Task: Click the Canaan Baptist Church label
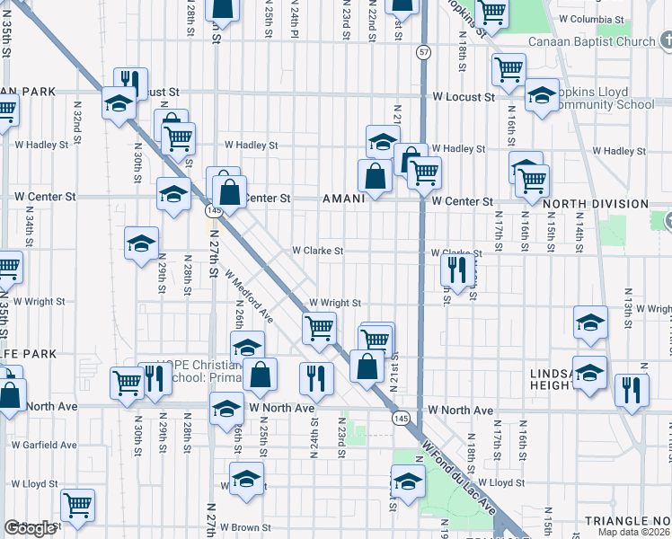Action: click(x=593, y=41)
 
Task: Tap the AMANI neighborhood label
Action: click(x=343, y=199)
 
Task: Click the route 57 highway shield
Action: click(x=422, y=54)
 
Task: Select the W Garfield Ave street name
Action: click(x=43, y=445)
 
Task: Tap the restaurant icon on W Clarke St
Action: click(x=458, y=269)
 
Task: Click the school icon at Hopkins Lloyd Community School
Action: click(x=542, y=95)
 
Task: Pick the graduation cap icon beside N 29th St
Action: click(x=141, y=243)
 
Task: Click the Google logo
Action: click(x=31, y=528)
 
